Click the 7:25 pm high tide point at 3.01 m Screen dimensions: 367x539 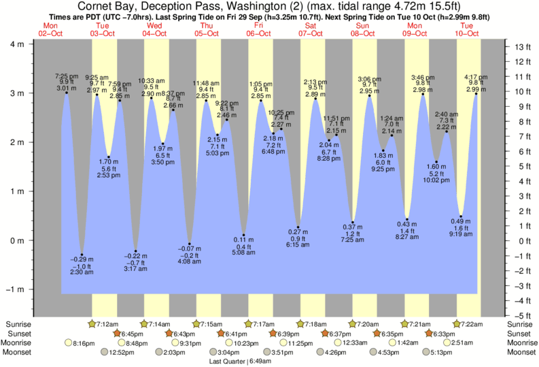tap(66, 93)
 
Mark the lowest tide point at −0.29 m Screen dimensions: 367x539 tap(82, 255)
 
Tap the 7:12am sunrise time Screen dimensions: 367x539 tap(108, 323)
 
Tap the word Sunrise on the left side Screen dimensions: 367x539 tap(18, 323)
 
